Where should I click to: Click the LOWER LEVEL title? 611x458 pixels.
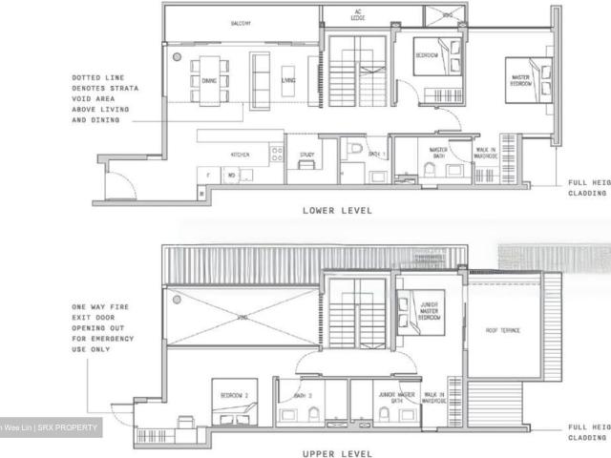coord(337,210)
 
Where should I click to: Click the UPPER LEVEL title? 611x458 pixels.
coord(337,454)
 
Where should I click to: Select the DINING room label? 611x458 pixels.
coord(209,81)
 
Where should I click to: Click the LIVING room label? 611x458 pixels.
coord(288,81)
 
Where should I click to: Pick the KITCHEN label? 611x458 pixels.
coord(240,154)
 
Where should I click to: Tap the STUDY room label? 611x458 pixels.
coord(306,154)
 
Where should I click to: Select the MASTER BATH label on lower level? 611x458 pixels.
coord(438,152)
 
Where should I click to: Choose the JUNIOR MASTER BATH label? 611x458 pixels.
coord(387,395)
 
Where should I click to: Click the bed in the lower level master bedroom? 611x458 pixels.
coord(536,78)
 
